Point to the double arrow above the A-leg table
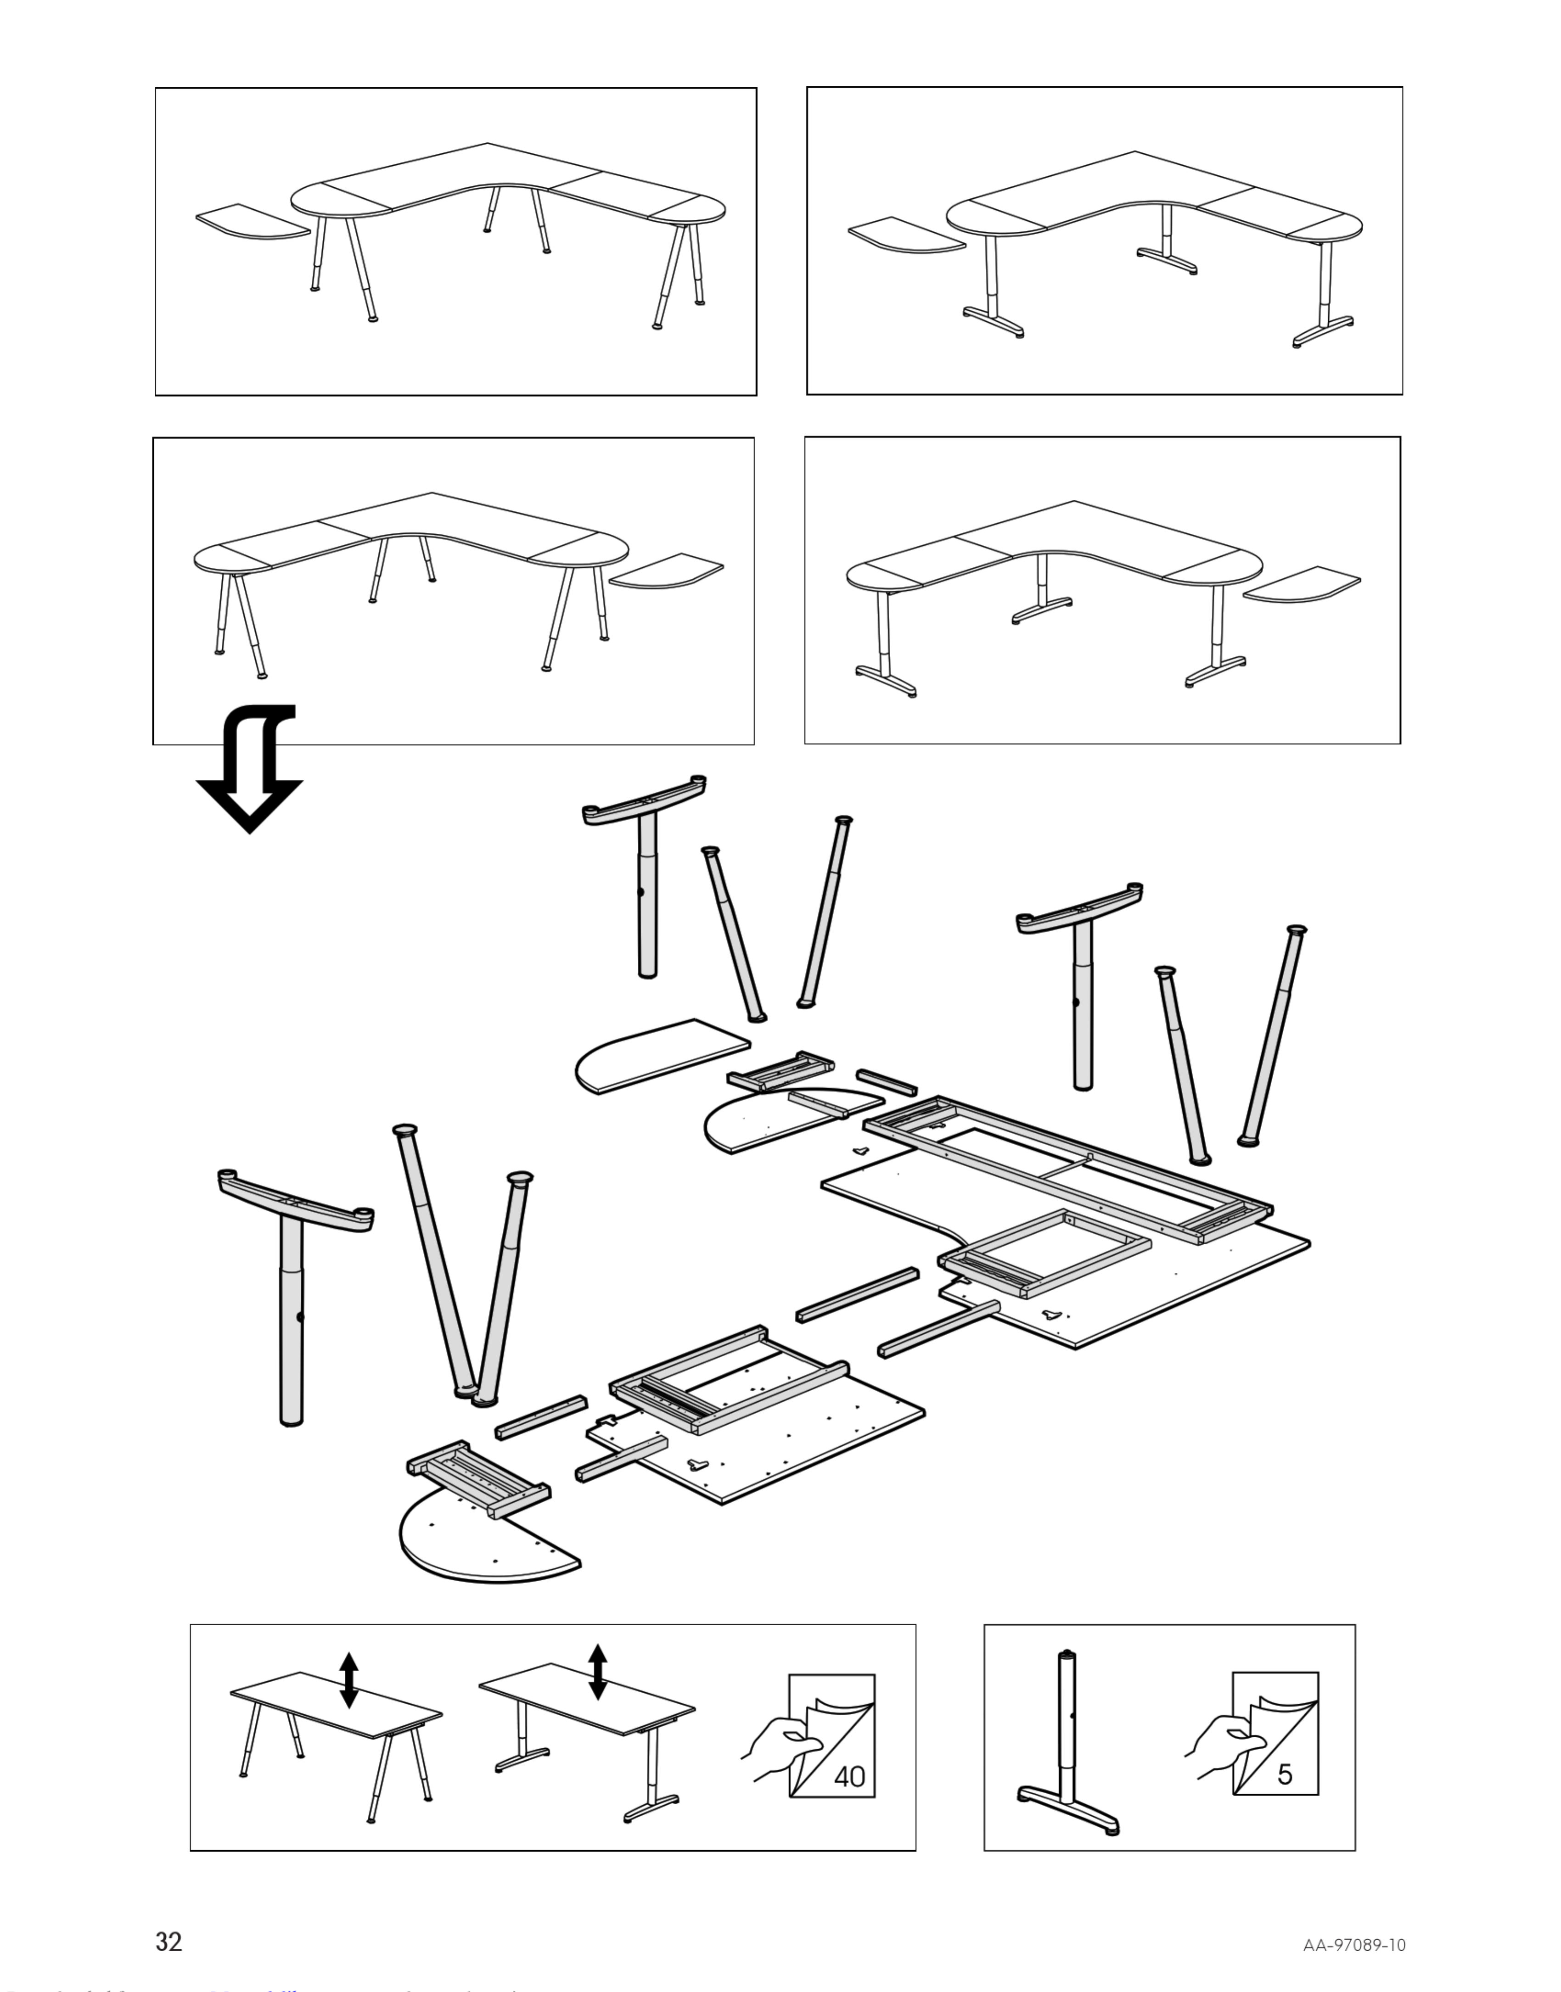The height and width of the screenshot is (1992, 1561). pos(348,1679)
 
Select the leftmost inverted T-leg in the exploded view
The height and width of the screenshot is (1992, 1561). pos(292,1279)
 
